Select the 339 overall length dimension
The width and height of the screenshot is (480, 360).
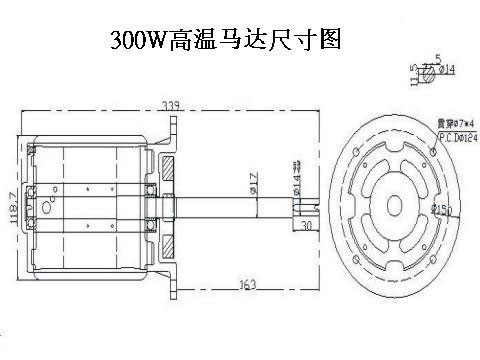click(x=172, y=103)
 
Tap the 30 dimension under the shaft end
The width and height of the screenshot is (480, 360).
click(x=306, y=226)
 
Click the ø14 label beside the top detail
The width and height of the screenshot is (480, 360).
click(x=446, y=69)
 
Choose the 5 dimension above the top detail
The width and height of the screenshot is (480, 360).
click(x=439, y=57)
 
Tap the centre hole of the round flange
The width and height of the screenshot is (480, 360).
click(x=393, y=203)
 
